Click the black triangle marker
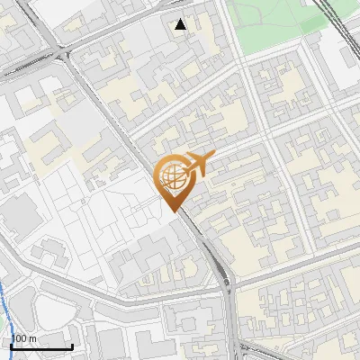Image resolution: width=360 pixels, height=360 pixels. (181, 24)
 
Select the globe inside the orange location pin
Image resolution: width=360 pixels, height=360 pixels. (171, 175)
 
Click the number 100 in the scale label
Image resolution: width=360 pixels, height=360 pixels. (20, 338)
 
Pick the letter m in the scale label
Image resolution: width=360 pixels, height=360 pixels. (32, 338)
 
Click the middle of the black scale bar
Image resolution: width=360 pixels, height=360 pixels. (41, 346)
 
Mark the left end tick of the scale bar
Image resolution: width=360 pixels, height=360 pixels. (12, 346)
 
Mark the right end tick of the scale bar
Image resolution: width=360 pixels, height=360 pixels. (72, 346)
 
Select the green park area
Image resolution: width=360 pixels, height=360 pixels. (270, 22)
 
